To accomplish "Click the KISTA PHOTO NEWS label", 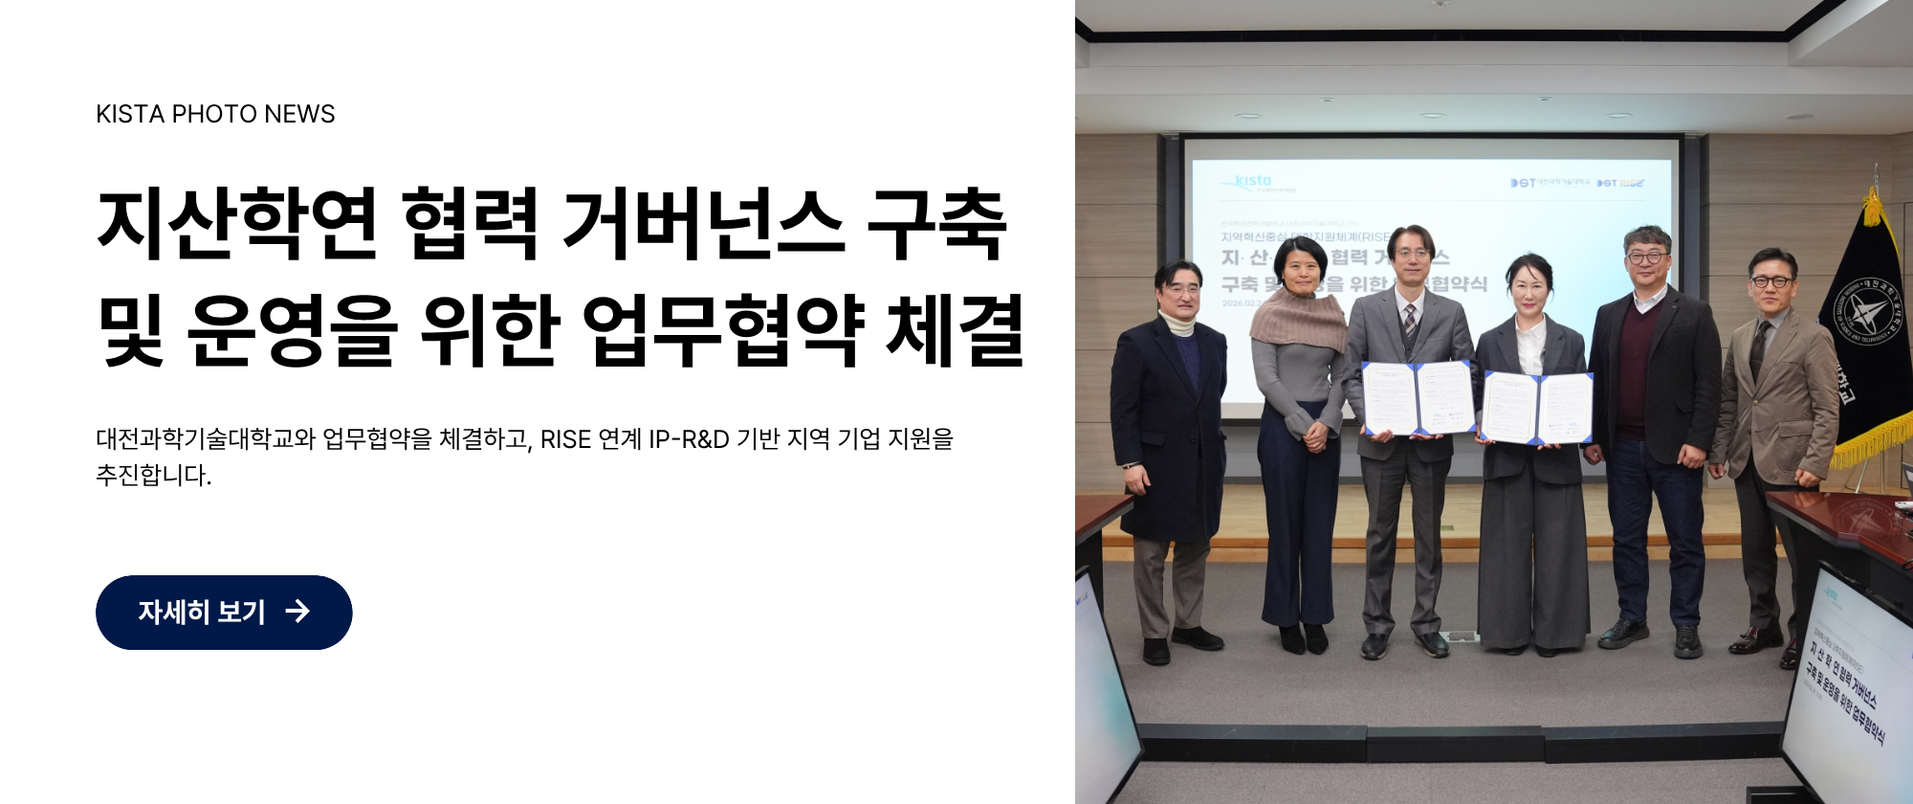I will point(215,114).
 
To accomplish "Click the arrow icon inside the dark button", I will point(297,612).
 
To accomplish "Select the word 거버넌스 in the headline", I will point(703,224).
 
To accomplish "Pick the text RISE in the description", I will point(565,439).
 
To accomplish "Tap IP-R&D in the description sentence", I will point(689,439).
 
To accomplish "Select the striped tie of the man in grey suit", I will point(1410,320).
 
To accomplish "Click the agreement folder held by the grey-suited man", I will point(1418,397).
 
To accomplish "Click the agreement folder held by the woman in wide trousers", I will point(1536,407).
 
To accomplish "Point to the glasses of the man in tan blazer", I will point(1770,281).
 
